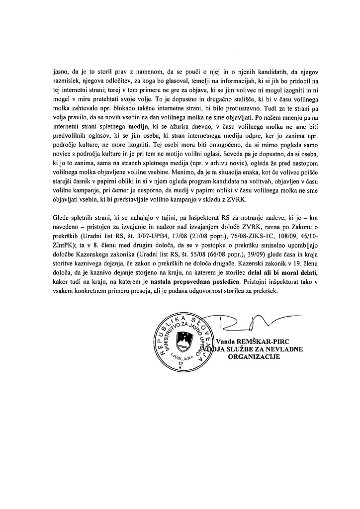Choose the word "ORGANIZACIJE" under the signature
click(x=255, y=357)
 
